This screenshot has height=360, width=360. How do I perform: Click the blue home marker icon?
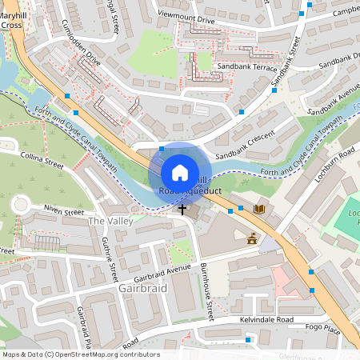[180, 173]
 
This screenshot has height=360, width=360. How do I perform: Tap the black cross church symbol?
[182, 210]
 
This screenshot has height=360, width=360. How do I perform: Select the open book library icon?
[258, 210]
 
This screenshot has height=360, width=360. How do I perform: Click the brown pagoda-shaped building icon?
[253, 238]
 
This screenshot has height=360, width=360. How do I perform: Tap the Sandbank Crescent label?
[245, 146]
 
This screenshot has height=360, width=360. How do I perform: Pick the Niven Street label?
[63, 213]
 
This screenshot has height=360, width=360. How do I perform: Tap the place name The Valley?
[107, 220]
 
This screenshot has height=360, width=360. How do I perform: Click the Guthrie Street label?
[112, 262]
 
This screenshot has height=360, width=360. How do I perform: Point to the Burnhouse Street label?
[208, 292]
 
